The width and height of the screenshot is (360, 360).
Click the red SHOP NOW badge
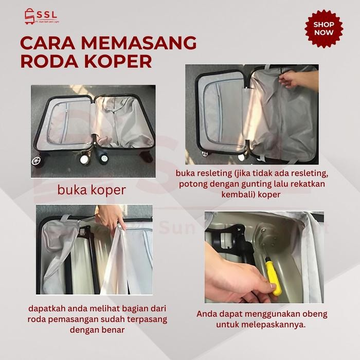click(323, 29)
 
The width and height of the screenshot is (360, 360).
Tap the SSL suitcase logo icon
click(27, 19)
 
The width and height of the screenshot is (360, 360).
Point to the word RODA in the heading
click(47, 61)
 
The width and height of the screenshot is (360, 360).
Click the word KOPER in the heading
click(116, 61)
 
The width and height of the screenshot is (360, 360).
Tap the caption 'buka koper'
click(92, 190)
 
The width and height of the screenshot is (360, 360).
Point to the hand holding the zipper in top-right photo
click(294, 80)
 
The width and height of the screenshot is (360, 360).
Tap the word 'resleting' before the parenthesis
click(220, 174)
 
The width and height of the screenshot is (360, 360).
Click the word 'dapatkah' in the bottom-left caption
click(43, 309)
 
